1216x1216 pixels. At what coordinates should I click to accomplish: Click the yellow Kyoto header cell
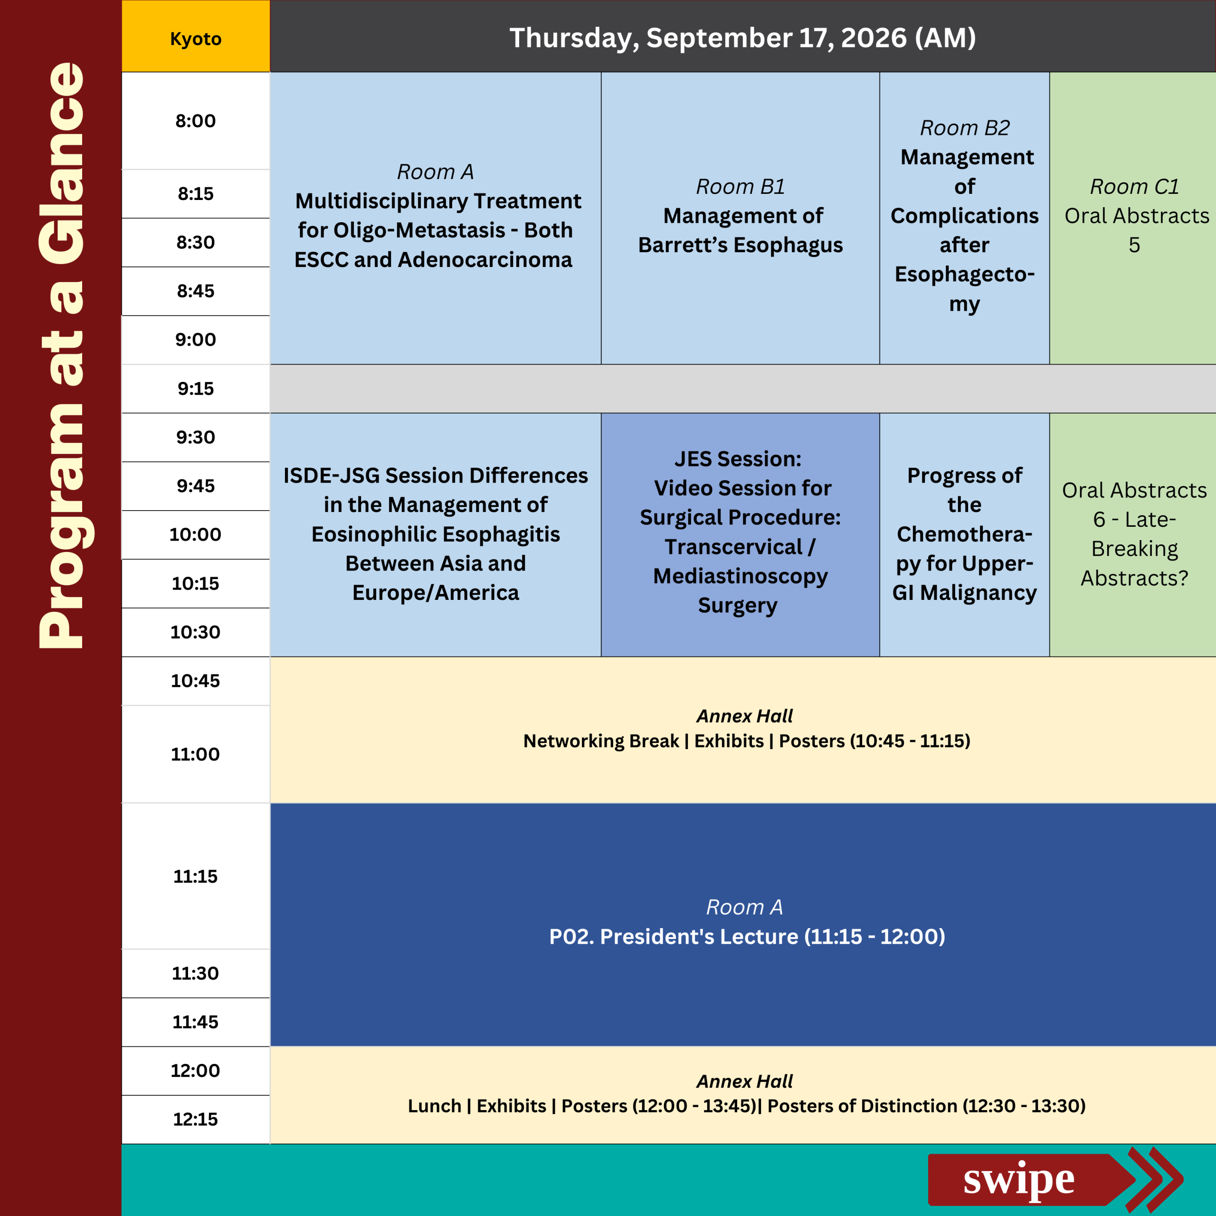pos(196,37)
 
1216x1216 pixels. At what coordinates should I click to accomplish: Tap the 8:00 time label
pos(196,121)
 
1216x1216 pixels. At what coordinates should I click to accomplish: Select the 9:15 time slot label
pos(196,389)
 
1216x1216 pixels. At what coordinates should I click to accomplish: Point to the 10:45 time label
pos(196,680)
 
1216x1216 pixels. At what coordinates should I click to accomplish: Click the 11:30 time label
pos(196,973)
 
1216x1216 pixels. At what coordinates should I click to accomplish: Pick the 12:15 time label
pos(196,1119)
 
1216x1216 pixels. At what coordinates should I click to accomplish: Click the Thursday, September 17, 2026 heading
pos(743,38)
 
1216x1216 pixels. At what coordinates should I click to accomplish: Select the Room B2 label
pos(965,128)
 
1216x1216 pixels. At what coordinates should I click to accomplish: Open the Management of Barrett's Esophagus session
pos(740,230)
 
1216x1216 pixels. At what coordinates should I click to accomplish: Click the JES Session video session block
pos(740,534)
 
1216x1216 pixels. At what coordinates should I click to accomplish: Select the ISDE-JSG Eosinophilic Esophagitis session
pos(436,534)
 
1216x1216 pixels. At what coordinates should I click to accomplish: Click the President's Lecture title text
pos(747,937)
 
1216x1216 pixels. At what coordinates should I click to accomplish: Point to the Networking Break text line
pos(747,741)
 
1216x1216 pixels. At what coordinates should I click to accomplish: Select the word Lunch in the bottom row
pos(434,1106)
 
